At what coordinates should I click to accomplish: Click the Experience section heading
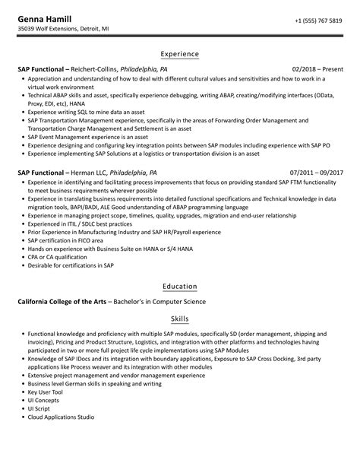[180, 55]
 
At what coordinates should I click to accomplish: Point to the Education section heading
[180, 287]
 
